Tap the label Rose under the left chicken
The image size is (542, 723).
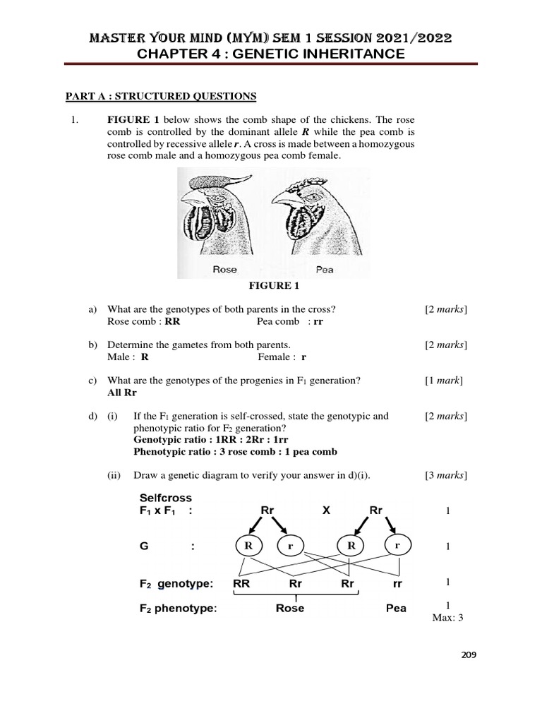tap(224, 269)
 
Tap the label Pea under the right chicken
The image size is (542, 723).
tap(325, 269)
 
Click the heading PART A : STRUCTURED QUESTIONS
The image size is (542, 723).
tap(161, 96)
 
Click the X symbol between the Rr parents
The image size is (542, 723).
tap(326, 510)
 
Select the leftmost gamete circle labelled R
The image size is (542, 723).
tap(248, 546)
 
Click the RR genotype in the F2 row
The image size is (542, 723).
tap(243, 583)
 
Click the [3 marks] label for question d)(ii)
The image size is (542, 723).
tap(445, 475)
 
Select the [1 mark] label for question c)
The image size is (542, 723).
tap(443, 381)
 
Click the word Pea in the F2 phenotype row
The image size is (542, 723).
tap(396, 608)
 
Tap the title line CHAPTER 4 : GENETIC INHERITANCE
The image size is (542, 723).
tap(271, 54)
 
